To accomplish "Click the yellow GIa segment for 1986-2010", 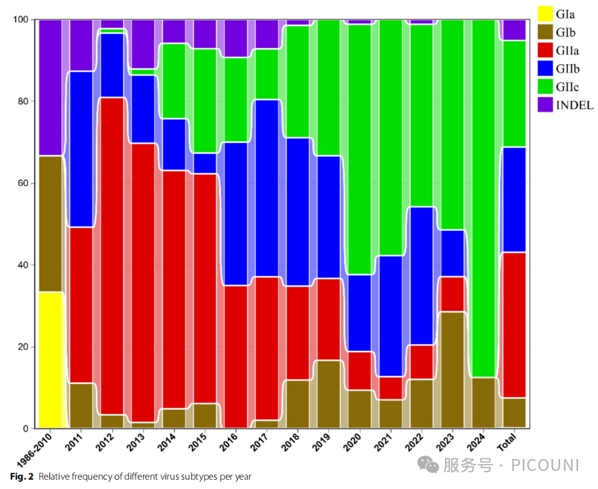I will (x=50, y=360).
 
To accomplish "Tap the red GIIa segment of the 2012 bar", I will (x=112, y=256).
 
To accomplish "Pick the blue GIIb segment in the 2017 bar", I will (x=267, y=187).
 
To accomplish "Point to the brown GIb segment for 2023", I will (x=452, y=370).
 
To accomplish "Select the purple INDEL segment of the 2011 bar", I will (x=81, y=45).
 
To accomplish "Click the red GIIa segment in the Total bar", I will (x=514, y=325).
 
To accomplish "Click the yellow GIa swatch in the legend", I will (x=547, y=14).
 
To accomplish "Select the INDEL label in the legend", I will (x=574, y=105).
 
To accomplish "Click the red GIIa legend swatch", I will (x=547, y=51).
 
